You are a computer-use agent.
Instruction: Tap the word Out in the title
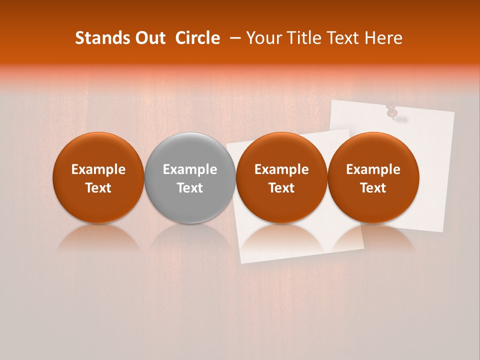148,38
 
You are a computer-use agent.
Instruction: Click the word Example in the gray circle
190,169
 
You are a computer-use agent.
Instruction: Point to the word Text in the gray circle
190,188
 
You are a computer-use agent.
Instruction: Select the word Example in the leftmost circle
98,169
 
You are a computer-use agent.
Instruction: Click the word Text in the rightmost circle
373,188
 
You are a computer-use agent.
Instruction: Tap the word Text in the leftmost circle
98,188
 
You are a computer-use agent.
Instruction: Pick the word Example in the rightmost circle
373,169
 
